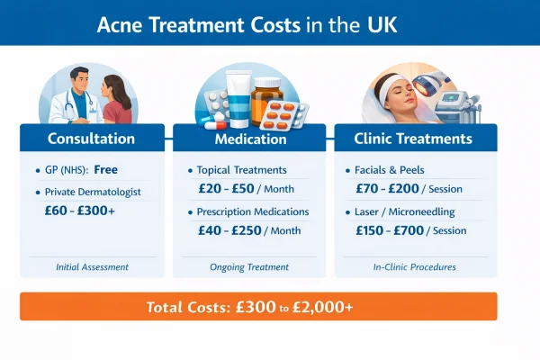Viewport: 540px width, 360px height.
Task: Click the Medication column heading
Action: click(x=253, y=139)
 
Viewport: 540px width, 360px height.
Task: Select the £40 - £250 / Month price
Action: click(x=250, y=232)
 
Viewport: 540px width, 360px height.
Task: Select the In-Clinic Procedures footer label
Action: click(x=413, y=267)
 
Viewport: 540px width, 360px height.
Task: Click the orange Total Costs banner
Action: click(x=258, y=307)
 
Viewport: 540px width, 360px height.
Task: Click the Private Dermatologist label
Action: click(x=93, y=192)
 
